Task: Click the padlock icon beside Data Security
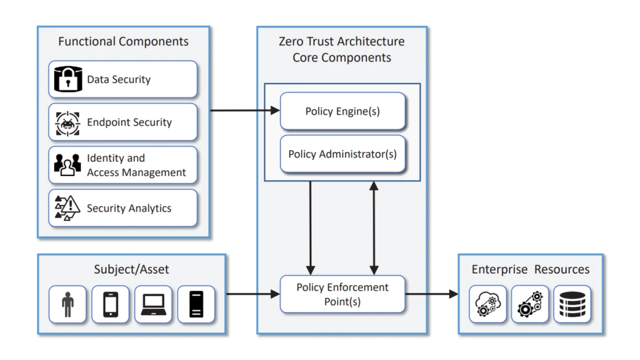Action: [x=68, y=79]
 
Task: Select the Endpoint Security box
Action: [x=123, y=122]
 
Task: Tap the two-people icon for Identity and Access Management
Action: [x=68, y=165]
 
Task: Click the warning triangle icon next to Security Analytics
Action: [x=68, y=208]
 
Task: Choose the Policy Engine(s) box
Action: [x=342, y=111]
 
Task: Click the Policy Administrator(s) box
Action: [x=342, y=154]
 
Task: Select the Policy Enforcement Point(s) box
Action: [x=342, y=294]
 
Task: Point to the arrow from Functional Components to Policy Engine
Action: [x=245, y=111]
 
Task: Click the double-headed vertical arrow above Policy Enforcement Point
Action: [x=374, y=228]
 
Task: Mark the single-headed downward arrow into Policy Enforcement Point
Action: [x=311, y=228]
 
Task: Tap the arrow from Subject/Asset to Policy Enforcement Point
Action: [x=253, y=294]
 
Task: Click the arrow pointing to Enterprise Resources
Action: [x=431, y=294]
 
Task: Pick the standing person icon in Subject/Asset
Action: [x=68, y=305]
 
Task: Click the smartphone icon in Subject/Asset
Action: [x=110, y=305]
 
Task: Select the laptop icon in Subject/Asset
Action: [x=153, y=305]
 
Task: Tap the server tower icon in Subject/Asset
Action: [x=196, y=305]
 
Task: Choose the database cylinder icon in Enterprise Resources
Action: [x=572, y=305]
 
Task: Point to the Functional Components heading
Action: [x=123, y=42]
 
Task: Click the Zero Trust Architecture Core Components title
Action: [x=342, y=50]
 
